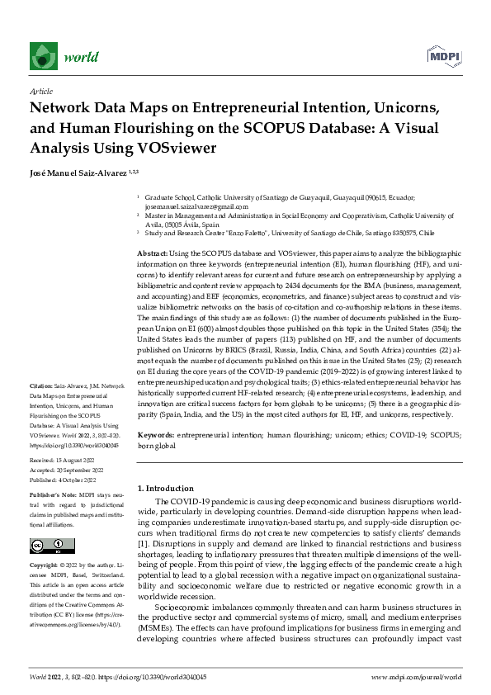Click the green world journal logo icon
pyautogui.click(x=44, y=56)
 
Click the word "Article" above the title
pyautogui.click(x=41, y=92)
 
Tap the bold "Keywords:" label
pyautogui.click(x=156, y=434)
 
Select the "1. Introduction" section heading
pyautogui.click(x=166, y=489)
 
